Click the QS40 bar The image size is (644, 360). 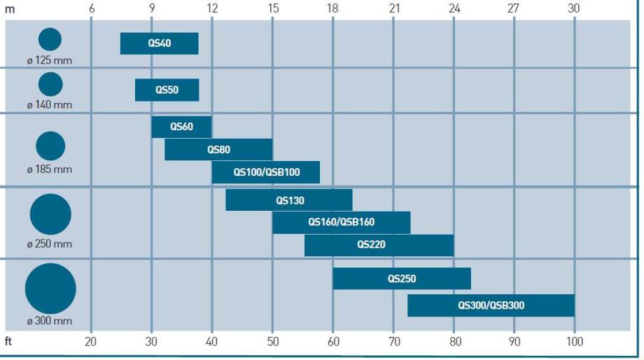[x=159, y=43]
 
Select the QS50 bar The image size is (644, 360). [x=167, y=90]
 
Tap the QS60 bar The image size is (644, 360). [x=181, y=127]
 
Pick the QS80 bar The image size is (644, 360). [x=218, y=149]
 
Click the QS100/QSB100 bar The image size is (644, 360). [x=265, y=172]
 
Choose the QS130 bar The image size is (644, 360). [x=289, y=200]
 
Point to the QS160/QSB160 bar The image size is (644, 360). [x=341, y=222]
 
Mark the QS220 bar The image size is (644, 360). [x=379, y=245]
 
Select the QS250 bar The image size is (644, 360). [x=402, y=279]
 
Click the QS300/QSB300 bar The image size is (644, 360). [x=491, y=305]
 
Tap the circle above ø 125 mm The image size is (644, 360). [x=50, y=39]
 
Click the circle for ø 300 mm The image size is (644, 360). [x=50, y=289]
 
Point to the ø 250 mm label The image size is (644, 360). [x=50, y=244]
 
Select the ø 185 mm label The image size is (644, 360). [x=50, y=169]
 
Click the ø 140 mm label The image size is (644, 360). [x=50, y=105]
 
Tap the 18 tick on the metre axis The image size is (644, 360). [x=332, y=8]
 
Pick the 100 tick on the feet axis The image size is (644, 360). [x=574, y=342]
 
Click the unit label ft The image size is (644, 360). [x=10, y=342]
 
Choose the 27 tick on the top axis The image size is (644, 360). [x=514, y=8]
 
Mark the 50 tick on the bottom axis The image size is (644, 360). [x=273, y=342]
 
